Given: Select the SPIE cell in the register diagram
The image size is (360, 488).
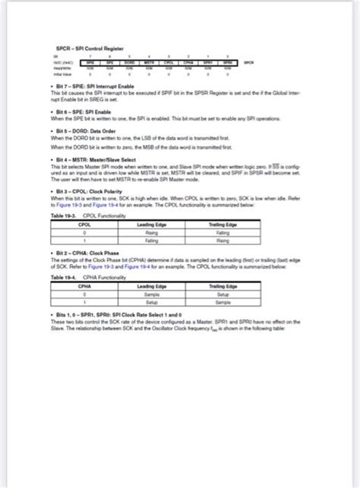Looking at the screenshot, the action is pos(90,62).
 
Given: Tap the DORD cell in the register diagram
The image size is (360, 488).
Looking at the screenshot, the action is pos(129,62).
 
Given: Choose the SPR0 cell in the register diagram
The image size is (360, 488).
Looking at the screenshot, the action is pos(227,62).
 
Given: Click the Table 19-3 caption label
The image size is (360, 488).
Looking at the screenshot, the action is pos(62,216).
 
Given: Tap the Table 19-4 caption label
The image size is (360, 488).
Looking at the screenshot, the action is pos(62,278).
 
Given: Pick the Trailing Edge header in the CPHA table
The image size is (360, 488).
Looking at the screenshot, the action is pos(223,285).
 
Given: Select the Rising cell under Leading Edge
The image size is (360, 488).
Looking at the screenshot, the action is pos(152,232).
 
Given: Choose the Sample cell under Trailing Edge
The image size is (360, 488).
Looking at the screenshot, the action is pos(223,301).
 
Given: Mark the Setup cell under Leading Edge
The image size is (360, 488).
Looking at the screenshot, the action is pos(152,301).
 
